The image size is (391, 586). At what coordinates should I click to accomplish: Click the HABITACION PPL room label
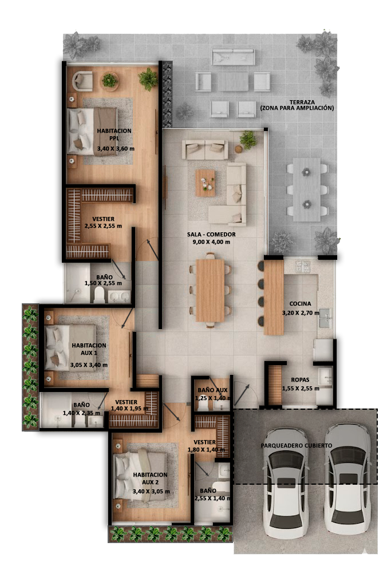pyautogui.click(x=114, y=134)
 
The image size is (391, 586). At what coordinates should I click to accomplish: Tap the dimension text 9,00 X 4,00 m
pyautogui.click(x=211, y=242)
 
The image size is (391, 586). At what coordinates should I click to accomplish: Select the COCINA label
pyautogui.click(x=300, y=304)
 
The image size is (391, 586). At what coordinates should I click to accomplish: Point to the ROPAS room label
pyautogui.click(x=300, y=380)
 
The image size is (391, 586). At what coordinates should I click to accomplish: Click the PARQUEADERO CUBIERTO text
pyautogui.click(x=297, y=445)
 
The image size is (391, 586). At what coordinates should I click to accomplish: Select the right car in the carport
pyautogui.click(x=347, y=479)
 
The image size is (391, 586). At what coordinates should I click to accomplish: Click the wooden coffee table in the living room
pyautogui.click(x=205, y=183)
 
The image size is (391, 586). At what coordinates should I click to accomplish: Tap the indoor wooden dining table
pyautogui.click(x=210, y=290)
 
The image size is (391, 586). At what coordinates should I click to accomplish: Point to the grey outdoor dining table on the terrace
pyautogui.click(x=306, y=189)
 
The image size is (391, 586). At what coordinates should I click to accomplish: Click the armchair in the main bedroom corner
pyautogui.click(x=82, y=81)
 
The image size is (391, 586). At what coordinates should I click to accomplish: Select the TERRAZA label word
pyautogui.click(x=302, y=102)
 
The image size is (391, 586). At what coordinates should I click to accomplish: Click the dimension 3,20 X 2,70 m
pyautogui.click(x=301, y=313)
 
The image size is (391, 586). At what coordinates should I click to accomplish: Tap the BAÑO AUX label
pyautogui.click(x=212, y=390)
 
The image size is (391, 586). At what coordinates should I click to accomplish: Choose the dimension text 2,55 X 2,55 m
pyautogui.click(x=103, y=226)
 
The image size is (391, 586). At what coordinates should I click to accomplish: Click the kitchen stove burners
pyautogui.click(x=302, y=267)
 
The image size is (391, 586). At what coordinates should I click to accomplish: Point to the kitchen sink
pyautogui.click(x=325, y=318)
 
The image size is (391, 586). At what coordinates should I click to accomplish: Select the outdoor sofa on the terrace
pyautogui.click(x=234, y=57)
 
